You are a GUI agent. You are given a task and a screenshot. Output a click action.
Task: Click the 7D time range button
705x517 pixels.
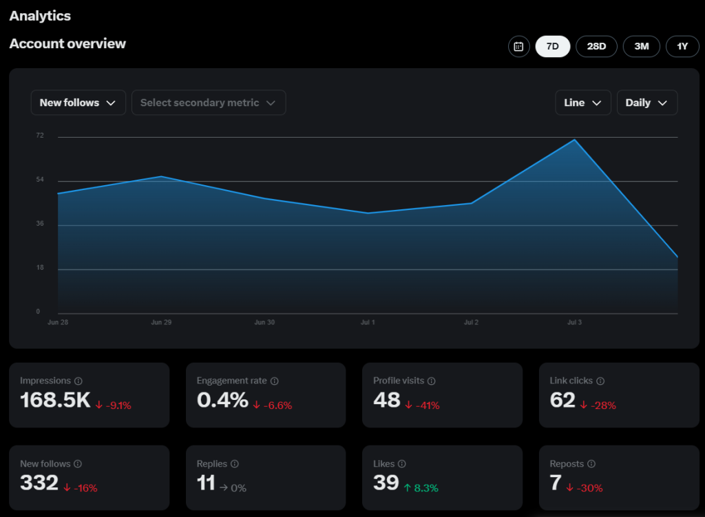pos(552,46)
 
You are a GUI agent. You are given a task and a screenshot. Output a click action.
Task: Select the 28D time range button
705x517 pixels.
pos(596,46)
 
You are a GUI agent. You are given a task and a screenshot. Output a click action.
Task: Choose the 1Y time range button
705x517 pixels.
pos(682,46)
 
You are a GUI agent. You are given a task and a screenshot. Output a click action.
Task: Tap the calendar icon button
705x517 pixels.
pos(518,47)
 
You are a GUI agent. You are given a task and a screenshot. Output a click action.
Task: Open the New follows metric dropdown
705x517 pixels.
pos(78,103)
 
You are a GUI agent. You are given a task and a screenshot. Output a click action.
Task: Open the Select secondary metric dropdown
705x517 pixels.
pos(208,103)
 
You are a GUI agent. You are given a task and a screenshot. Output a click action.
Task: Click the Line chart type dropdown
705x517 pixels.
pos(582,103)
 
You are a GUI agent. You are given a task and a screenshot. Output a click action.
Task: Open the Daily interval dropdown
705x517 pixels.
pos(646,103)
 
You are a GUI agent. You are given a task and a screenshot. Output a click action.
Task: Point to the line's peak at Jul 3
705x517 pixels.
pos(574,140)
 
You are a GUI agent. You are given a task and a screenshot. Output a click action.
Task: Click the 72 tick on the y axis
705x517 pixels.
pos(40,136)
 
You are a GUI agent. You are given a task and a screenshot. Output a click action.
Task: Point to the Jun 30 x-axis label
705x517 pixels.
pos(264,322)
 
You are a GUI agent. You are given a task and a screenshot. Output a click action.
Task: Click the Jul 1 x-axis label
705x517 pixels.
pos(368,322)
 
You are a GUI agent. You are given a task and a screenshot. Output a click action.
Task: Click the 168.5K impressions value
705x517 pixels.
pos(55,400)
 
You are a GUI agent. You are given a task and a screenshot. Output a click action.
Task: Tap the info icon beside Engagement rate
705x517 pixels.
pos(275,381)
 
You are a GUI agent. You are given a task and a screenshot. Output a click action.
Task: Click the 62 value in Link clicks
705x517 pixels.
pos(562,400)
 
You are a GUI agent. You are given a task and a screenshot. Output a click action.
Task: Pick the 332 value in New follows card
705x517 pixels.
pos(39,483)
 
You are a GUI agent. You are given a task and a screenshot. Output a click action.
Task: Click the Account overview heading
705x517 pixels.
pos(67,43)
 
